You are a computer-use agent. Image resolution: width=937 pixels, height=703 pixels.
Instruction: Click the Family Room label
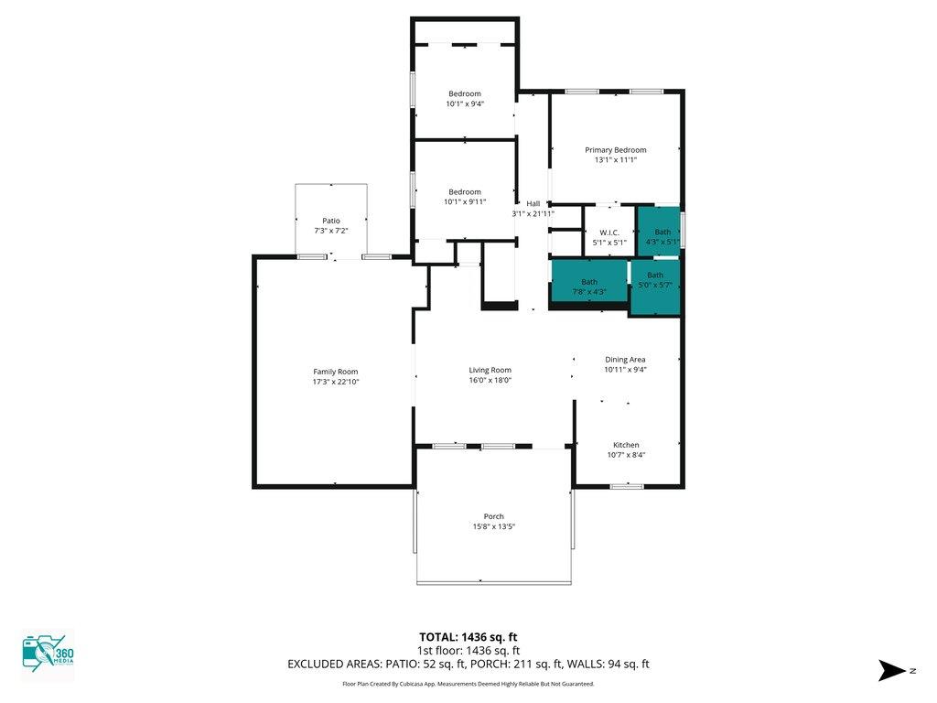(x=335, y=372)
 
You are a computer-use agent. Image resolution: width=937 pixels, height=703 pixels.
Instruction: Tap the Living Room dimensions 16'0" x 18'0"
(x=490, y=380)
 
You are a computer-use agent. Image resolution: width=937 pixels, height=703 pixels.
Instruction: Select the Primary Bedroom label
(x=616, y=150)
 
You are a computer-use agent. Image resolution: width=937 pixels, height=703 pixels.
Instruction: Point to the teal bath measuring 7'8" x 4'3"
(x=589, y=281)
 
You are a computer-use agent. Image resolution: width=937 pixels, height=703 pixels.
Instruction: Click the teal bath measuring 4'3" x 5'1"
(x=659, y=232)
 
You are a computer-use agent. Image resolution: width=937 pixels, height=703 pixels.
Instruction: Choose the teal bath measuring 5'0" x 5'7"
(x=655, y=287)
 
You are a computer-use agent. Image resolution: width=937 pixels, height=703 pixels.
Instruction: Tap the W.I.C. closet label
(x=609, y=233)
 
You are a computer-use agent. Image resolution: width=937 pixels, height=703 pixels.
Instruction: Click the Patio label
(x=331, y=221)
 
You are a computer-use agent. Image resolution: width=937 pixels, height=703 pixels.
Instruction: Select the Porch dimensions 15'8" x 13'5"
(x=493, y=526)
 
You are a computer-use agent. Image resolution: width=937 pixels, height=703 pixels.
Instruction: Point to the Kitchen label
(x=626, y=445)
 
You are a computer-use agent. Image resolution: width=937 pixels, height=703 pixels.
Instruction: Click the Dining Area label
(x=625, y=359)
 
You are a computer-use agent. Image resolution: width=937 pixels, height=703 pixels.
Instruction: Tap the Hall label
(x=533, y=204)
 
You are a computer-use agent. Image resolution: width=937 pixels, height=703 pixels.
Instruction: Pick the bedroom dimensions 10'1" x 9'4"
(x=465, y=104)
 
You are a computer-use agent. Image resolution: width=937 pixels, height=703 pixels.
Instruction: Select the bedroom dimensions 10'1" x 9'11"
(x=465, y=202)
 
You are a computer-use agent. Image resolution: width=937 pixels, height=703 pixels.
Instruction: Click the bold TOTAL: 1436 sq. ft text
(x=468, y=637)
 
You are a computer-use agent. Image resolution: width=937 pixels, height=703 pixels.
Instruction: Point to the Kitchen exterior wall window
(x=626, y=486)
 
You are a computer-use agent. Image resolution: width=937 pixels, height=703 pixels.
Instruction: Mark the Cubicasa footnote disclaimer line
(x=468, y=684)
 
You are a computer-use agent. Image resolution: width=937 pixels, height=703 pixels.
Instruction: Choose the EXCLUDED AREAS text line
(x=468, y=665)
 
